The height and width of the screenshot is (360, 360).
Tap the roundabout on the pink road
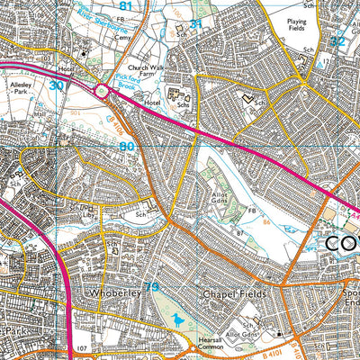point(102,90)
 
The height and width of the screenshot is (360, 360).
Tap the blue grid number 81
point(125,6)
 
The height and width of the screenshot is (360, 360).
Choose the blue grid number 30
point(57,85)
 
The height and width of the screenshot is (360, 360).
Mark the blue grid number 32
point(337,41)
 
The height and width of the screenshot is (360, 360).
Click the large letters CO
point(341,244)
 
